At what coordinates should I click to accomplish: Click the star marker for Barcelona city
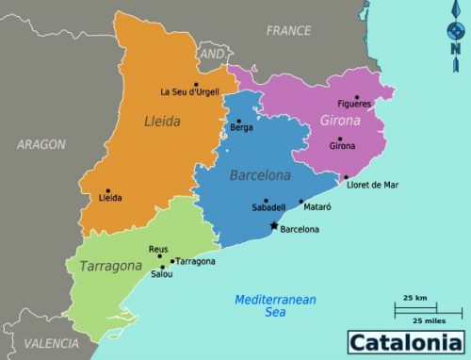(274, 226)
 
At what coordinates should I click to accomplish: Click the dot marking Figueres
(356, 97)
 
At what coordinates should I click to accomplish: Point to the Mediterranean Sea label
(274, 305)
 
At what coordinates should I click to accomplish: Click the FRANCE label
(288, 31)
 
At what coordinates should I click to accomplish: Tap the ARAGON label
(41, 144)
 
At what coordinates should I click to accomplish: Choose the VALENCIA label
(51, 343)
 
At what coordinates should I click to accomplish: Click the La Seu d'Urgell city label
(191, 91)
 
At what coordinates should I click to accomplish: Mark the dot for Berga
(238, 121)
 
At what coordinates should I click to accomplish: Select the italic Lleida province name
(162, 121)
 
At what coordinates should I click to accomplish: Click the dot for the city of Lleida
(108, 191)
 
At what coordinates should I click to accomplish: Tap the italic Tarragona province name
(110, 266)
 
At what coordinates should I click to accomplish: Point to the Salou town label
(161, 275)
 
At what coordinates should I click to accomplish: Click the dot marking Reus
(160, 256)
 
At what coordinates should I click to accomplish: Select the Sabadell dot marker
(267, 201)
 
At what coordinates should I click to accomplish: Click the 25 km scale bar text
(414, 298)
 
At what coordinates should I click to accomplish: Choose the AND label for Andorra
(213, 55)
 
